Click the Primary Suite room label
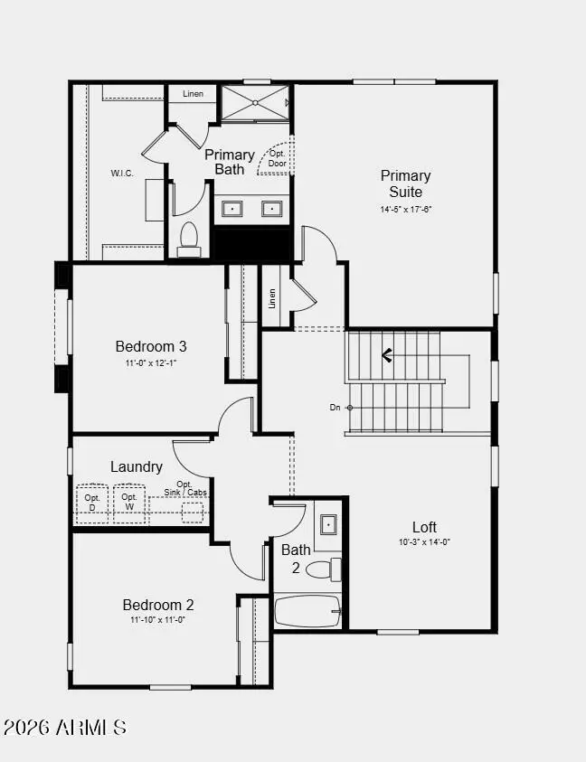[x=405, y=183]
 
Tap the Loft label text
[x=424, y=527]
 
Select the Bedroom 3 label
[x=151, y=346]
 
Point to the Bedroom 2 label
[x=158, y=605]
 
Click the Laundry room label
[x=137, y=467]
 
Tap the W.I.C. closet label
[x=123, y=173]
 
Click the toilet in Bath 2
[x=321, y=569]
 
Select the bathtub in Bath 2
[x=307, y=611]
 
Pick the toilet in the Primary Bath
[x=189, y=237]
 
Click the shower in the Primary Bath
[x=255, y=102]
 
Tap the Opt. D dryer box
[x=92, y=503]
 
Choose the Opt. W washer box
[x=130, y=503]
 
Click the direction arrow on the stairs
[x=387, y=355]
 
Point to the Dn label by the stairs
[x=335, y=408]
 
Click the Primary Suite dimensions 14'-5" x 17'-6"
[x=405, y=210]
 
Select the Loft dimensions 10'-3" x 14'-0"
[x=424, y=542]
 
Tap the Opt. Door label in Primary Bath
[x=277, y=157]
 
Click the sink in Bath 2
[x=328, y=524]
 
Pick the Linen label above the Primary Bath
[x=193, y=94]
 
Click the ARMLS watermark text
[x=65, y=727]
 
